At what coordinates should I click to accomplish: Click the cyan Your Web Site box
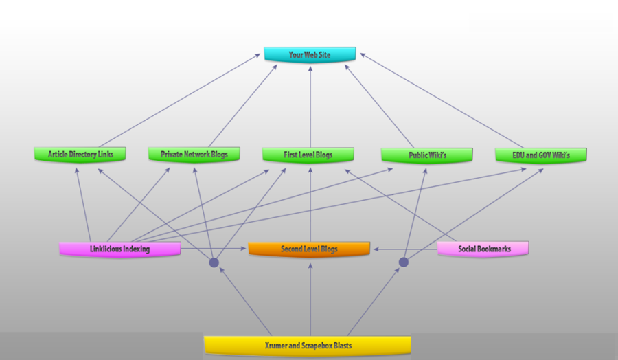[310, 55]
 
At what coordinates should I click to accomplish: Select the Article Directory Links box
[80, 154]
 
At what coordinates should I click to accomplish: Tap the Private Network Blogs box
[194, 154]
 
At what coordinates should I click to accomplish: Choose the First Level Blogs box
[308, 155]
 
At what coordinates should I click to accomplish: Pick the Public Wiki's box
[427, 155]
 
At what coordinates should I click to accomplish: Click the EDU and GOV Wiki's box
[541, 155]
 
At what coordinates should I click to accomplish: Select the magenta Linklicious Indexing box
[119, 249]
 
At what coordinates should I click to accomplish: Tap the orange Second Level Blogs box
[309, 249]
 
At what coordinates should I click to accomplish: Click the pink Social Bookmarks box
[483, 249]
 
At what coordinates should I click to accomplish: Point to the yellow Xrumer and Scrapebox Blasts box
[308, 346]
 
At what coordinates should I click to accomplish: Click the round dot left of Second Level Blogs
[214, 262]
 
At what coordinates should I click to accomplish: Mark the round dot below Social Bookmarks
[404, 262]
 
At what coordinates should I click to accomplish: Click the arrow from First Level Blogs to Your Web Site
[310, 106]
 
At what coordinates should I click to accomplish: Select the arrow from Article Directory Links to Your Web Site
[180, 100]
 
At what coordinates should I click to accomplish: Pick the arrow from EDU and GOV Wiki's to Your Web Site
[442, 100]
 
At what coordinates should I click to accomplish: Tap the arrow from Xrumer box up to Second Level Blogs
[310, 300]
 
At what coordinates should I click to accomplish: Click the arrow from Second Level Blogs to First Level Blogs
[310, 205]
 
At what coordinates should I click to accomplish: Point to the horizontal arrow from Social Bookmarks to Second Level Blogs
[405, 249]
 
